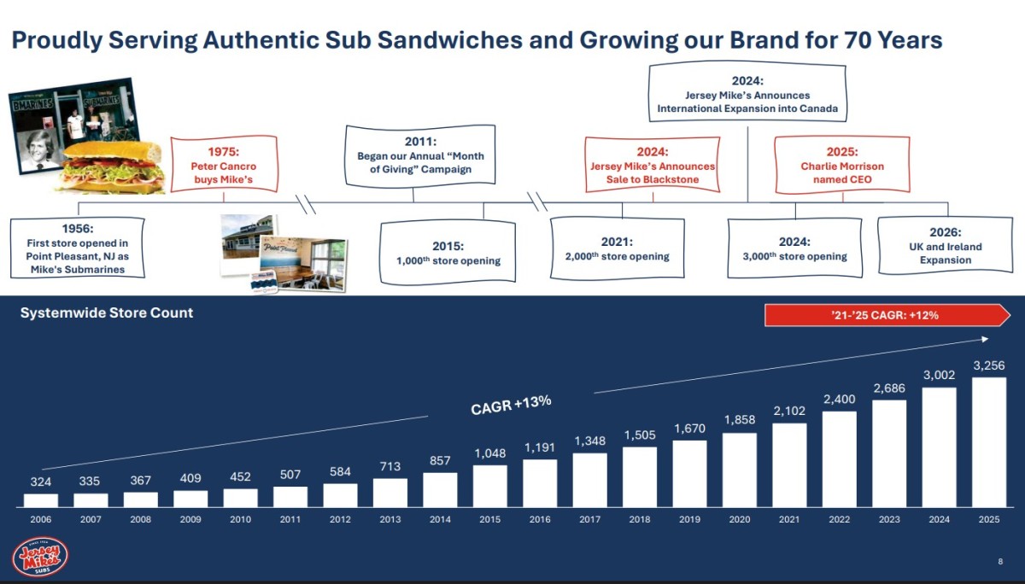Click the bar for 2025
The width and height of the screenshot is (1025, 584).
click(x=989, y=442)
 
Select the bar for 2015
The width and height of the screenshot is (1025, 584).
click(x=490, y=486)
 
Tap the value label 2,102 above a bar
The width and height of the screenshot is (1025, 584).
click(x=789, y=411)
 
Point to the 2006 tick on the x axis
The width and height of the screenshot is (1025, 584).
click(x=41, y=519)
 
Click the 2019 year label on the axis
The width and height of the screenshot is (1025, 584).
click(x=689, y=519)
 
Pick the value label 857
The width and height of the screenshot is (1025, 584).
click(x=440, y=460)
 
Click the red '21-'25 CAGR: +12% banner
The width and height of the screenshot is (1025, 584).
click(x=887, y=315)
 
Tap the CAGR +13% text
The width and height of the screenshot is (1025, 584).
click(x=511, y=405)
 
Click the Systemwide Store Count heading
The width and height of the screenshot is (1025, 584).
click(x=107, y=312)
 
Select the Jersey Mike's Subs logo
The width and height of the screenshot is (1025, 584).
click(x=40, y=557)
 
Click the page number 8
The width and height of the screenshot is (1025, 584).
click(x=1000, y=561)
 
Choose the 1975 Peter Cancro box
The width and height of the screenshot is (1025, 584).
click(x=224, y=164)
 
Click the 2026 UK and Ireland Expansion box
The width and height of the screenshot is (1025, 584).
click(x=946, y=246)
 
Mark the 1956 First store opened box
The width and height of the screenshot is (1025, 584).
click(x=78, y=248)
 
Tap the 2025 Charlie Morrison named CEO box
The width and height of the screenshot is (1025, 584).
click(x=842, y=165)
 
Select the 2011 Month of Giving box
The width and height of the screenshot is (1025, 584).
click(x=420, y=155)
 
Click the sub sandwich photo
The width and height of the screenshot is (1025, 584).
click(x=112, y=167)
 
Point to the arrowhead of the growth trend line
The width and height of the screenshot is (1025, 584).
click(x=985, y=339)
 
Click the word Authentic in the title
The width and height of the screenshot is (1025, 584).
click(x=261, y=40)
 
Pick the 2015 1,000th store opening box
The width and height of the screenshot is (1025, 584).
click(x=448, y=252)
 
